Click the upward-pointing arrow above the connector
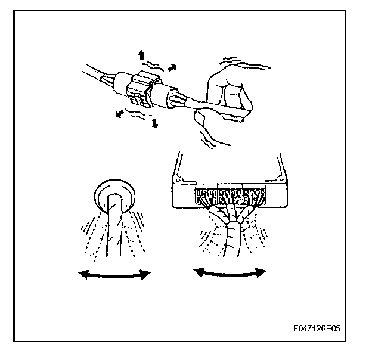point(141,55)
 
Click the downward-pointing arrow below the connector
point(154,123)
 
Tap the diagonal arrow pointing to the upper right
point(173,68)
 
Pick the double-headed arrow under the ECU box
point(230,272)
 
